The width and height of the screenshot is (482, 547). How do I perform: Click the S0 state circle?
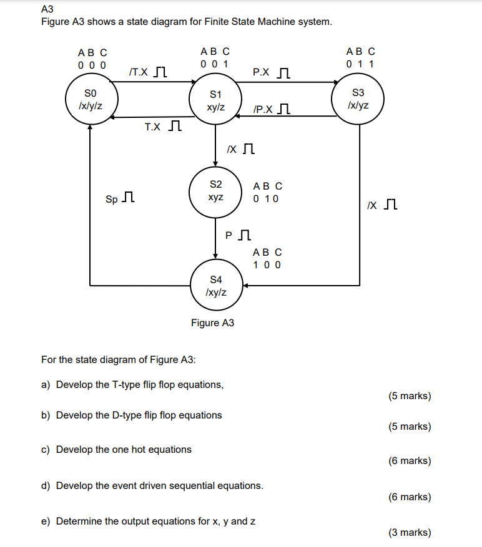pos(91,100)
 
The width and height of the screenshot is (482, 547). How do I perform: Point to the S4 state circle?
pos(215,285)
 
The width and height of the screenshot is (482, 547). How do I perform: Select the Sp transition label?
pos(111,200)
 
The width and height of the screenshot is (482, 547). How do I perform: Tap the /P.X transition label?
pos(263,110)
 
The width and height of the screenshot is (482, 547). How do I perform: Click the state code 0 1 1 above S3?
pos(360,64)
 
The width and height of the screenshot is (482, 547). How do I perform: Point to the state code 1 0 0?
pos(267,264)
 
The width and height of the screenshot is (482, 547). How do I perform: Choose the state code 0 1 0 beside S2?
pos(267,198)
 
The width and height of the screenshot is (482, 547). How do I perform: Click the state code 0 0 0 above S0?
pos(92,64)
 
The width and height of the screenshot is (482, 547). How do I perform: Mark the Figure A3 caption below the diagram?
pos(212,322)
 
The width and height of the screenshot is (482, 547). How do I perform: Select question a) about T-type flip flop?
pos(132,384)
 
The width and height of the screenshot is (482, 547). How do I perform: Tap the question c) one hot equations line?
pos(116,449)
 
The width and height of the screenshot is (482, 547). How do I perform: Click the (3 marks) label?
pos(410,532)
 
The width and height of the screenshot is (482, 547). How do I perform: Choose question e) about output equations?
pos(148,521)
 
